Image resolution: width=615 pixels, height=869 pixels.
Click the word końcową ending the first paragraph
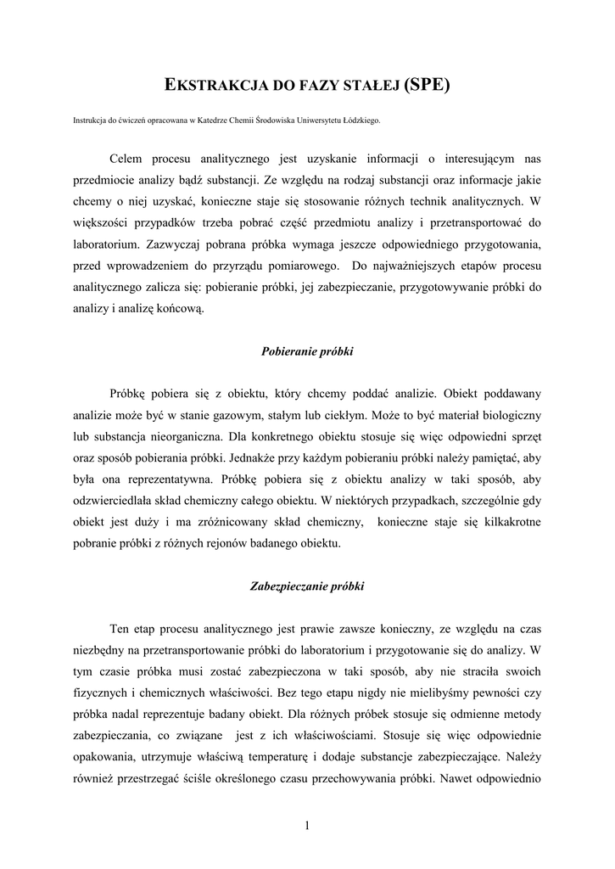tap(181, 309)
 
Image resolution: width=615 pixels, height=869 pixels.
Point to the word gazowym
tap(247, 416)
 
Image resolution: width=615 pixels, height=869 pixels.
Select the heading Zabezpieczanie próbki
tap(307, 586)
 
